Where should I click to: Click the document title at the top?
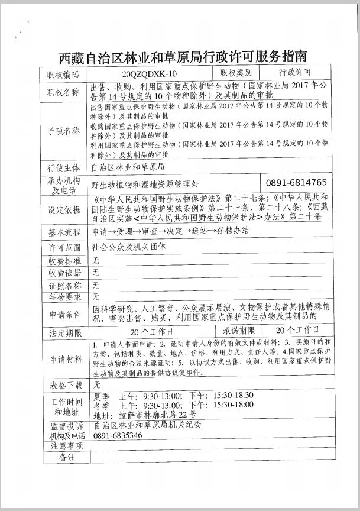[x=183, y=57]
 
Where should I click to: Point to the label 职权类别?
[x=236, y=74]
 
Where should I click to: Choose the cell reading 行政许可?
[x=295, y=74]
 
